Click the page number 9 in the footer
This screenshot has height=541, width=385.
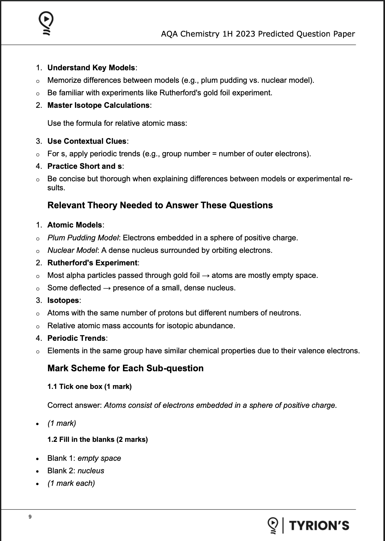coord(30,517)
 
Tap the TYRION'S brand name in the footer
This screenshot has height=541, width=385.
coord(319,525)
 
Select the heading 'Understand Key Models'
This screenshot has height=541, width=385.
coord(91,68)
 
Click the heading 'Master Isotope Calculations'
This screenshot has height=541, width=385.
coord(98,105)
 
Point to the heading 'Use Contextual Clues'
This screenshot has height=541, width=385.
coord(87,141)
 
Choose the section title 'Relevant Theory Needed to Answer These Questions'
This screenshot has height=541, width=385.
coord(160,205)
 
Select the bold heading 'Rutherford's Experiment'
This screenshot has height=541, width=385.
coord(92,263)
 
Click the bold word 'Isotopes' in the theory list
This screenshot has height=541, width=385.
coord(63,300)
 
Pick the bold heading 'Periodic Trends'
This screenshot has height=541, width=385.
coord(76,338)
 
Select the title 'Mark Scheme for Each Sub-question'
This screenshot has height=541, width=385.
coord(125,368)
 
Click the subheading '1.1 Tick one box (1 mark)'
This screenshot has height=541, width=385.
coord(89,386)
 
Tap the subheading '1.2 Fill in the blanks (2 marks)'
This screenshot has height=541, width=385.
coord(97,439)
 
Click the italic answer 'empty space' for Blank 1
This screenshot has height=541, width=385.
coord(99,458)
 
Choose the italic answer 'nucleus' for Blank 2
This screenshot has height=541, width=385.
coord(91,471)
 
